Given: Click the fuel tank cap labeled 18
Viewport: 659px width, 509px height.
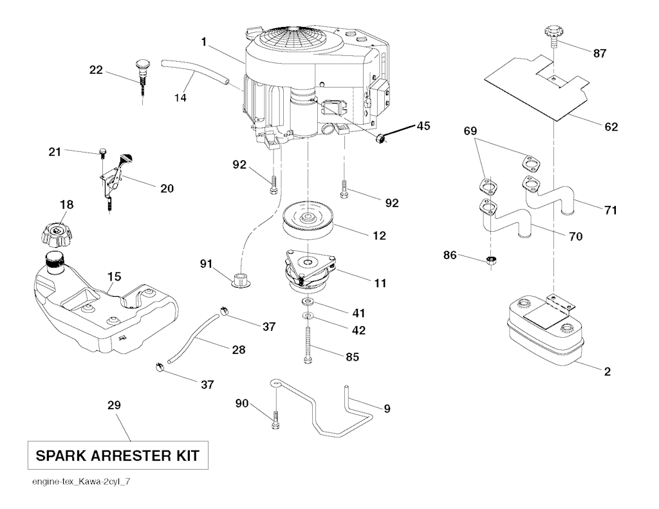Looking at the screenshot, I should click(57, 233).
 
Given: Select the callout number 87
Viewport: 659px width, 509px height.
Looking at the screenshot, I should click(599, 53).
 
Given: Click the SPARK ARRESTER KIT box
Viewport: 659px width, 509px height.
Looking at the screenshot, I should click(117, 456).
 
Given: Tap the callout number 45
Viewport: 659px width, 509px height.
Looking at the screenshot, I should click(423, 126).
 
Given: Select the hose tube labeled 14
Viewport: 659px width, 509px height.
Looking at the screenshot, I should click(196, 71).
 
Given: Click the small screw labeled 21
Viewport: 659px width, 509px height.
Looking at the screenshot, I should click(102, 153).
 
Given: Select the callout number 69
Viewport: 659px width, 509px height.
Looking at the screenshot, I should click(471, 131).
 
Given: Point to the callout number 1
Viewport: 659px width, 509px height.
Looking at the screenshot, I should click(204, 42).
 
